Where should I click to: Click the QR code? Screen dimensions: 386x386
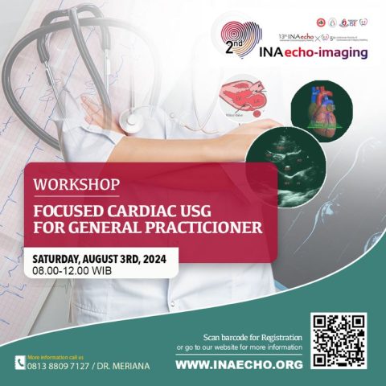click(339, 341)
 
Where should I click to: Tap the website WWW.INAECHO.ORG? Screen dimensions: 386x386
click(238, 364)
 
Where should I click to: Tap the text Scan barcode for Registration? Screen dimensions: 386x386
click(252, 337)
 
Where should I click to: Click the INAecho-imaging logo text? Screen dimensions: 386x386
click(314, 52)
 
